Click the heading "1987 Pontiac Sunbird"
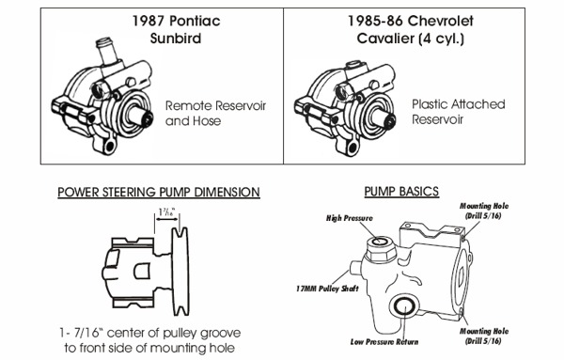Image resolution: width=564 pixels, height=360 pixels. point(176,29)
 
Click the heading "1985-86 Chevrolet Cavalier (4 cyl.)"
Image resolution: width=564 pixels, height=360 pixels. point(410,29)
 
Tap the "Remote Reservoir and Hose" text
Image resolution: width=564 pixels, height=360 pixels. point(215,114)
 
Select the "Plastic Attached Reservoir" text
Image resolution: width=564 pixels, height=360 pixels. point(459,112)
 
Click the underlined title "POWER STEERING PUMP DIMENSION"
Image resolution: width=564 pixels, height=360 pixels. point(159,192)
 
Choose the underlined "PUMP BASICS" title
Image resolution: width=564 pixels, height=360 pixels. point(401,192)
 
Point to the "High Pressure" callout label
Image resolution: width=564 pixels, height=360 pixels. point(350,218)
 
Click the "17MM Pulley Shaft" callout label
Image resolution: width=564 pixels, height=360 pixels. point(327,289)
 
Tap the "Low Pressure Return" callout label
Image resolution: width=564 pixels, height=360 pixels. point(384,341)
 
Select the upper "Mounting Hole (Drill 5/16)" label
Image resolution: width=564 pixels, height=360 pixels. point(484,211)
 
